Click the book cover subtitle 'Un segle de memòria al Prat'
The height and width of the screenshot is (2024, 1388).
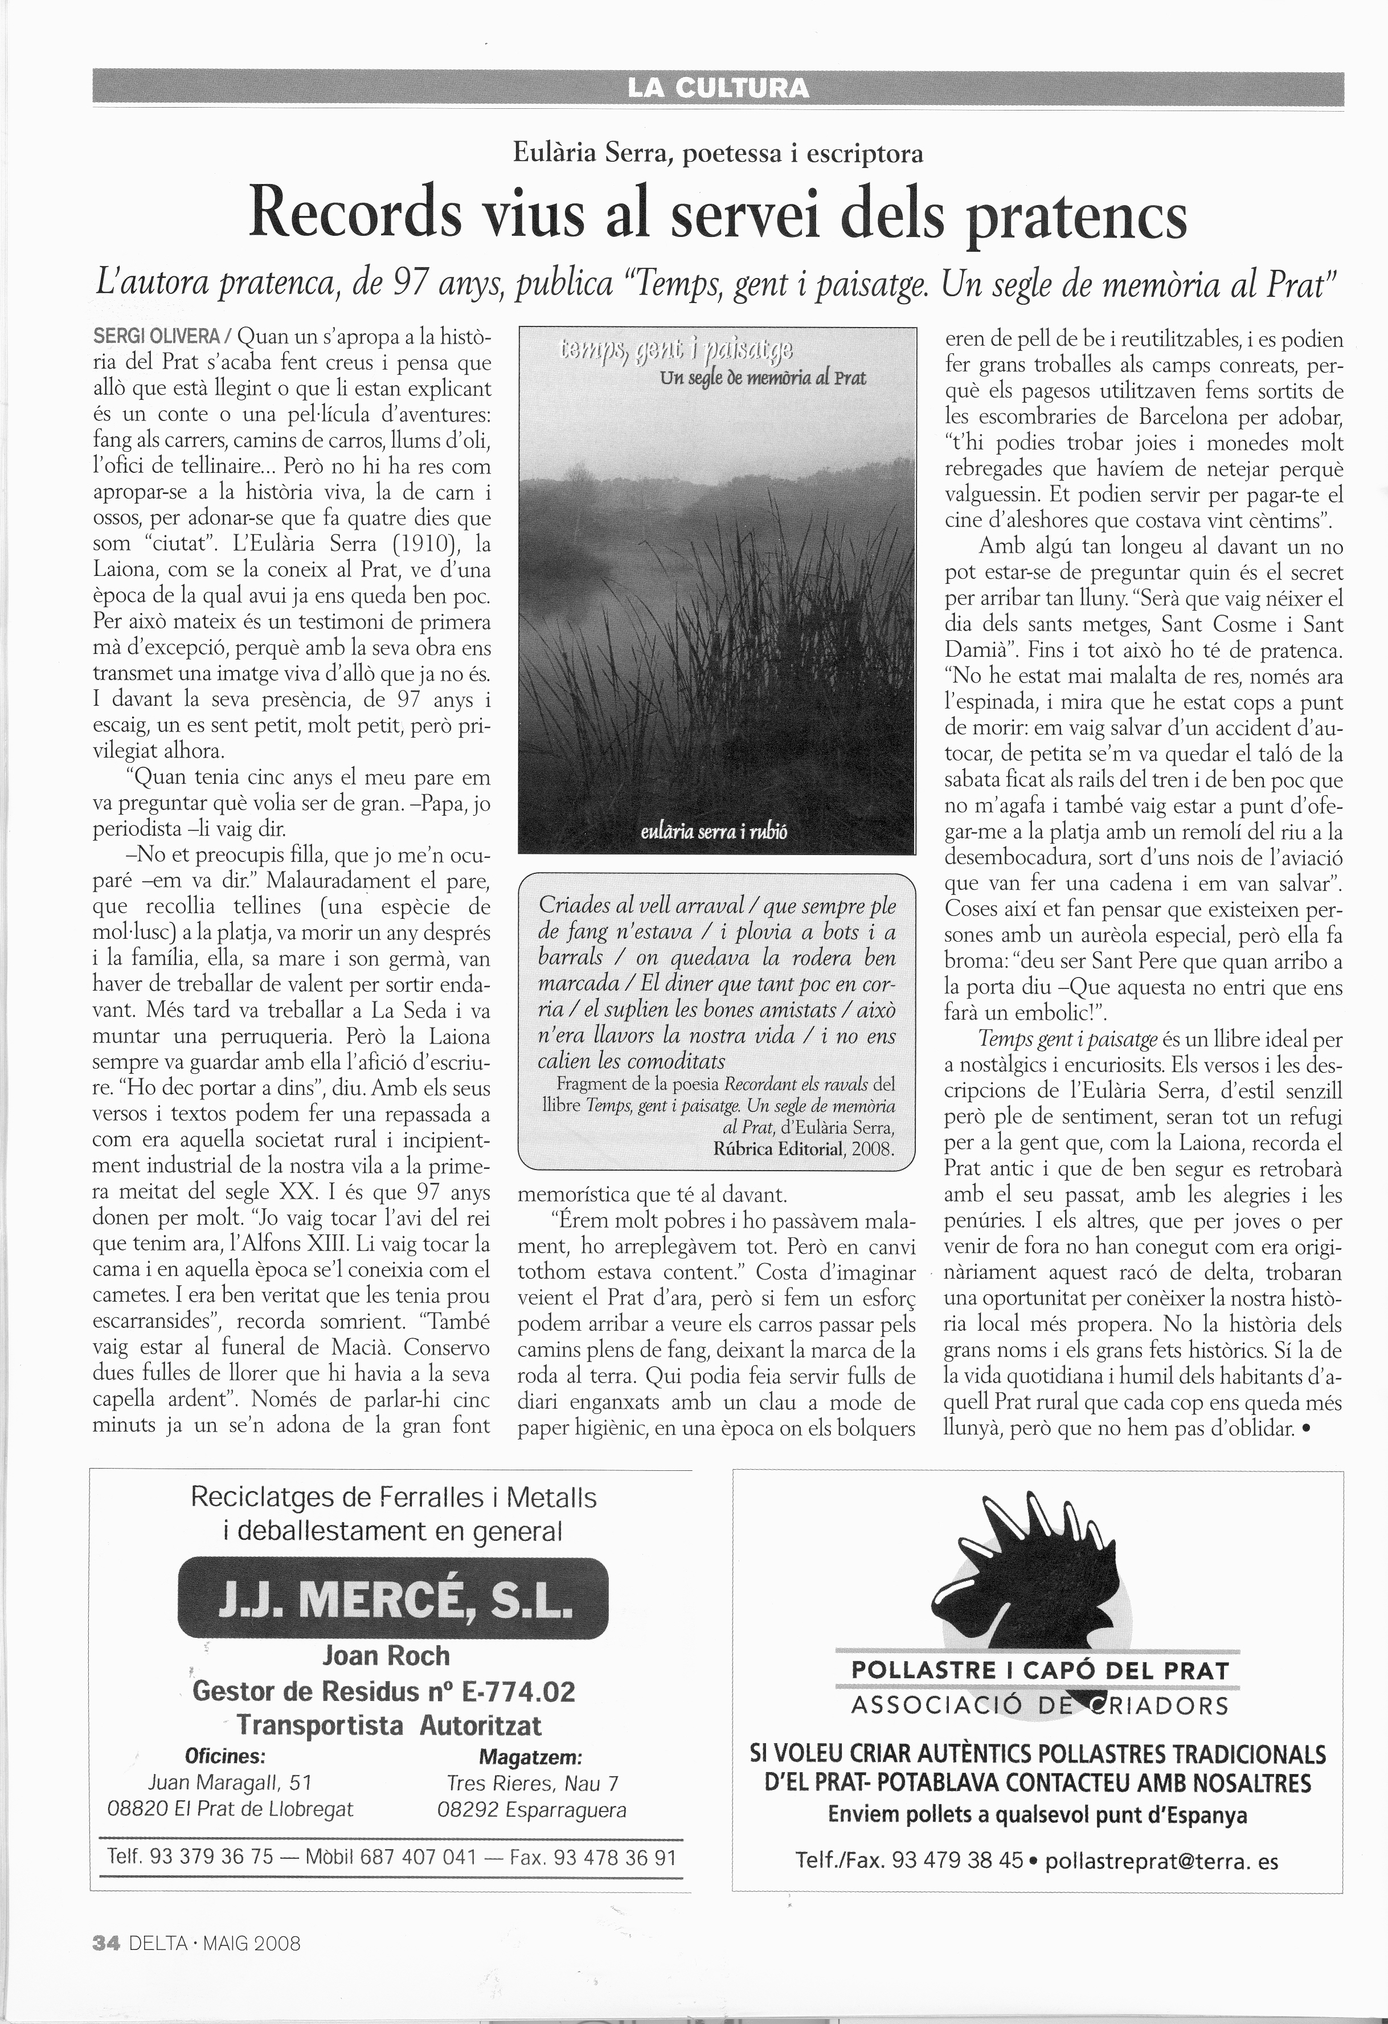click(762, 378)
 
